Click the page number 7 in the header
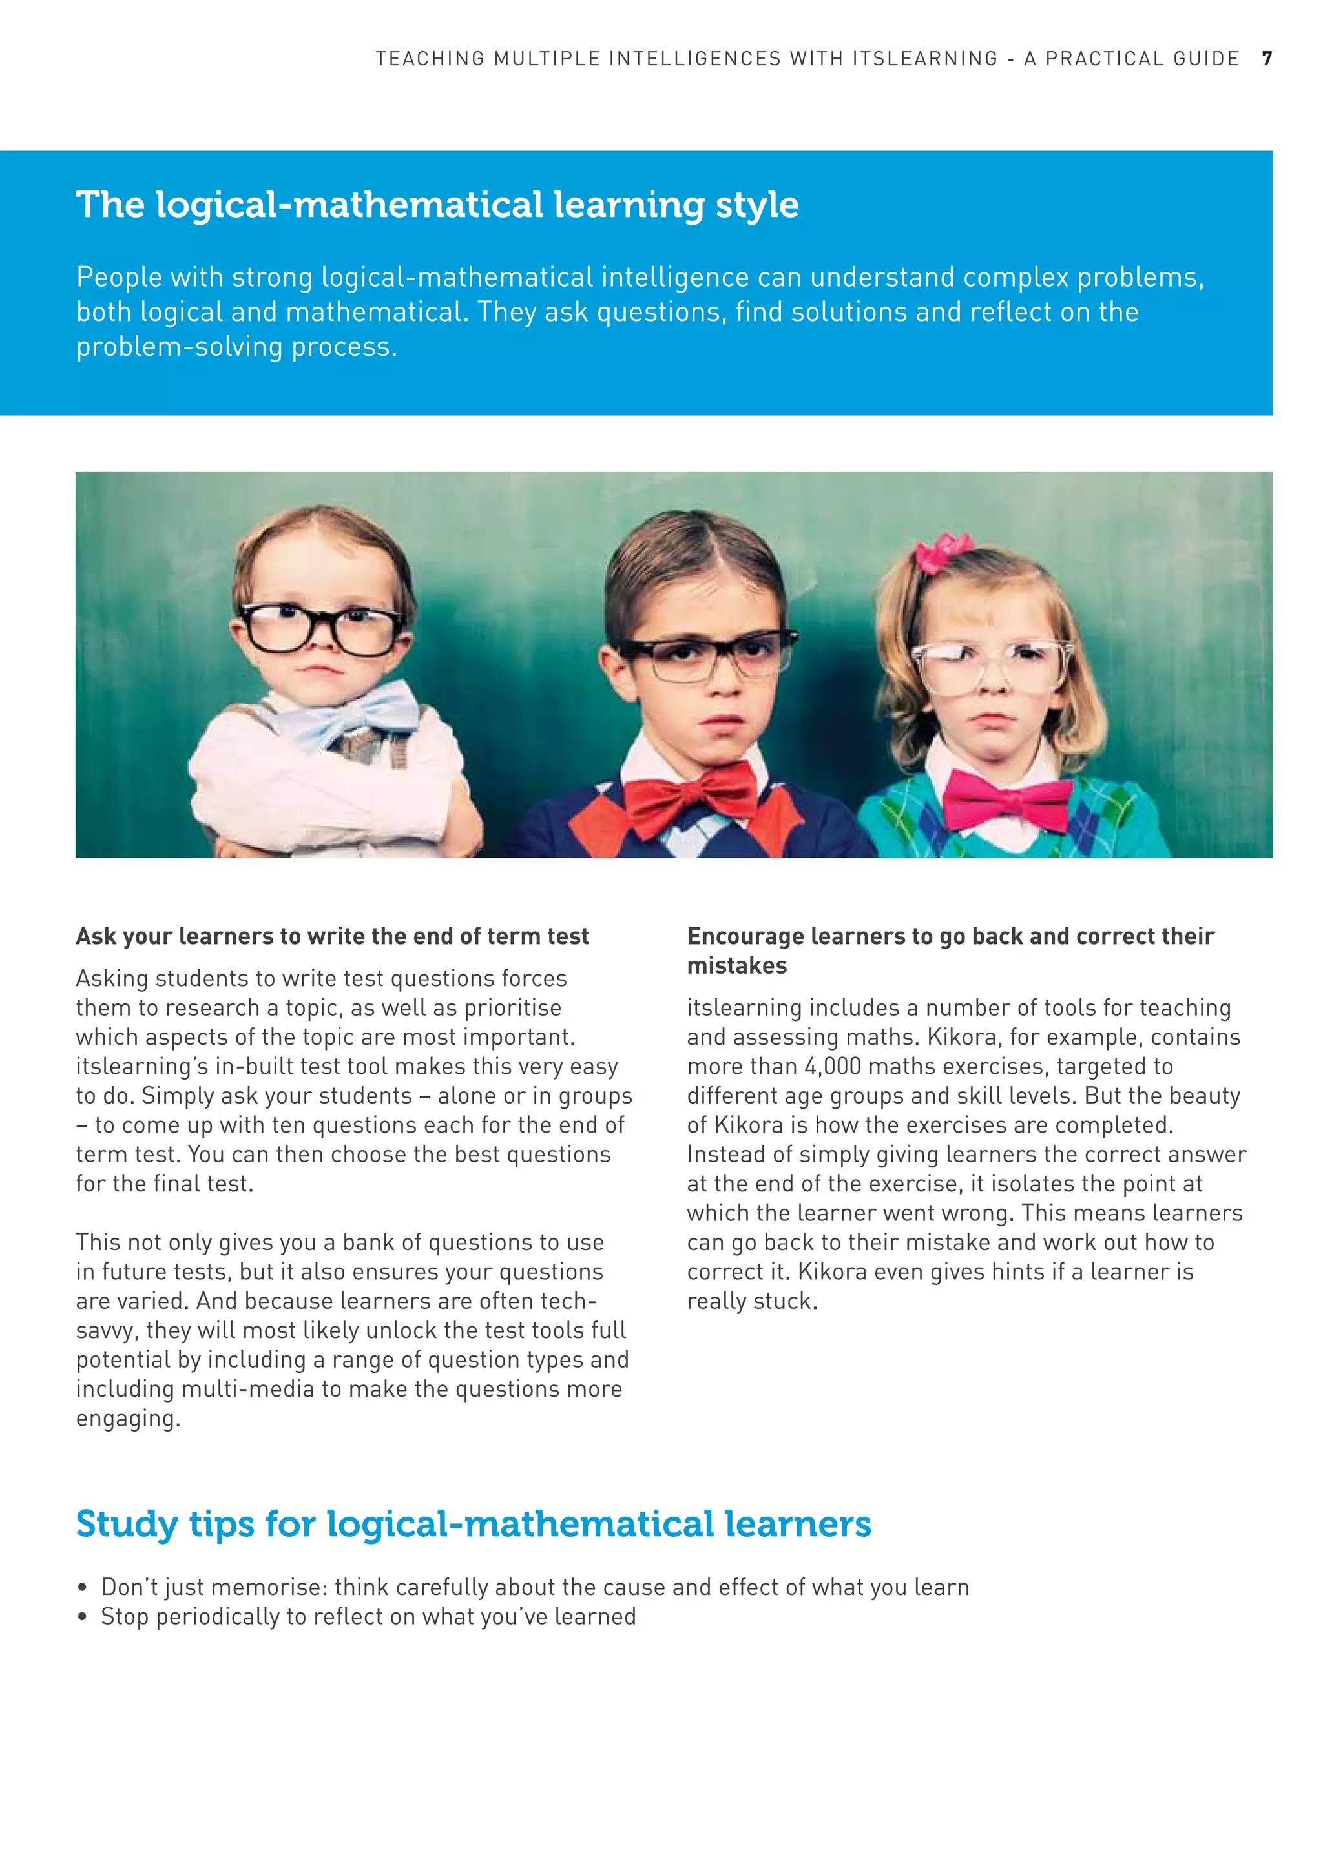[x=1267, y=59]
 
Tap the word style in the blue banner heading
[x=757, y=205]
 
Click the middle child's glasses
[x=705, y=658]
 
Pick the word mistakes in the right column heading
[x=736, y=966]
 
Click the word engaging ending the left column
[x=127, y=1419]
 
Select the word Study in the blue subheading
[x=126, y=1525]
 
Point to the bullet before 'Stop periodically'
[x=81, y=1617]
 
